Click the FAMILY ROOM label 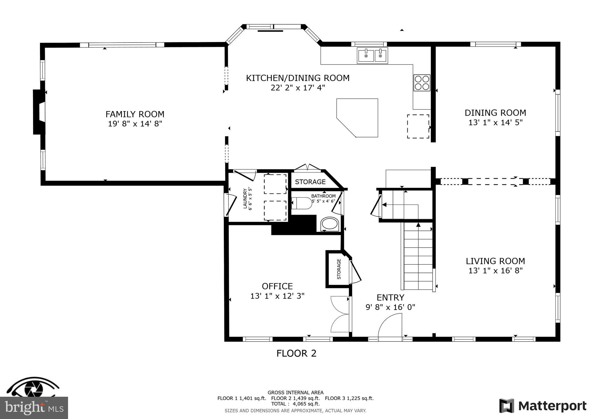(135, 114)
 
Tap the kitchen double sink (372, 56)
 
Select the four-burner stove (422, 83)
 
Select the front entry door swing (390, 325)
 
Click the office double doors (340, 314)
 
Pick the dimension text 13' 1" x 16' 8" (495, 271)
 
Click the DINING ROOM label (495, 113)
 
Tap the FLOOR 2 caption (296, 353)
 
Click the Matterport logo (543, 406)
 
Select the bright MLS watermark (34, 408)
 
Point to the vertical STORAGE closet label (339, 269)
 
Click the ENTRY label (390, 297)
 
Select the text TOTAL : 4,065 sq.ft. (295, 404)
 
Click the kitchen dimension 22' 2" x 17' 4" (298, 88)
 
